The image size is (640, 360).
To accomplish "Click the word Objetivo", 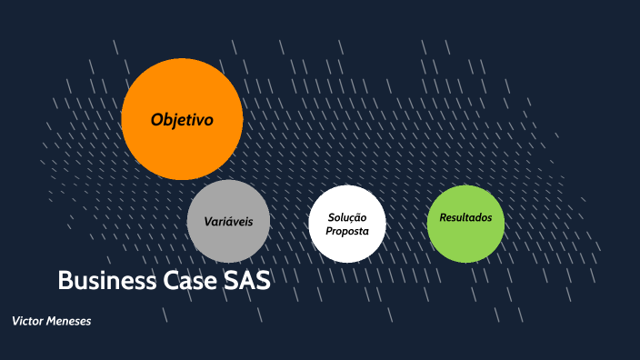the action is click(182, 119).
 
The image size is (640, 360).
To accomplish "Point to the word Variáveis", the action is click(228, 222).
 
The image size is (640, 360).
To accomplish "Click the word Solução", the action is click(347, 216).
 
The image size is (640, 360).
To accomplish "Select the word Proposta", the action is click(347, 231).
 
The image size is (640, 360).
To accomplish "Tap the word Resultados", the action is click(465, 218).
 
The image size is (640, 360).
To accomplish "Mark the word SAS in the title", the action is click(247, 280).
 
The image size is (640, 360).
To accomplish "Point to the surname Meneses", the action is click(71, 322).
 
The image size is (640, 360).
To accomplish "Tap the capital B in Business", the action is click(65, 280).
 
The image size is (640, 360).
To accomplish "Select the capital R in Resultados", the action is click(444, 218).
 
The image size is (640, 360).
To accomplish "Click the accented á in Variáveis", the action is click(224, 222).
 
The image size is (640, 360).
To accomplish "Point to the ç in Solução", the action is click(353, 217).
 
